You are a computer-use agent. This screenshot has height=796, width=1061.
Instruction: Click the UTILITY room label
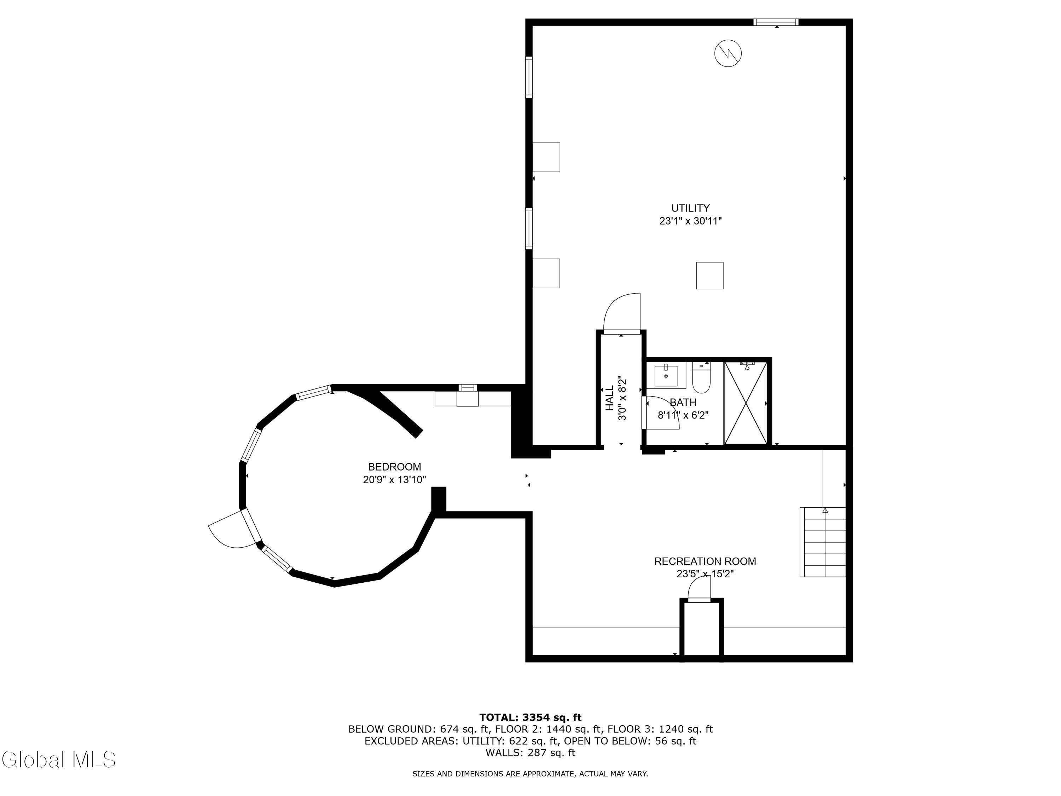pos(690,208)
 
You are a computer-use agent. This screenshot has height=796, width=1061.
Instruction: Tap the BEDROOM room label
pos(394,466)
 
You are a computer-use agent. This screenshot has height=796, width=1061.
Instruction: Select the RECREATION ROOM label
pos(705,561)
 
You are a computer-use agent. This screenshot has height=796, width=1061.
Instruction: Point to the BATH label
pos(683,402)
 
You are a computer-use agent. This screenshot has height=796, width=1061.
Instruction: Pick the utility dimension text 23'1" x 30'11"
pos(690,221)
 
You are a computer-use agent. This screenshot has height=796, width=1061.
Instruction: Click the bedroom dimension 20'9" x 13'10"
pos(394,479)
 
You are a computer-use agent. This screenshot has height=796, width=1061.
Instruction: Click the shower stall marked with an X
pos(746,403)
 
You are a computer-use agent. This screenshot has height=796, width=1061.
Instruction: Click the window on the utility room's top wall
pos(776,22)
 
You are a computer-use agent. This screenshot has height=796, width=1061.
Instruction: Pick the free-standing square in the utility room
pos(709,275)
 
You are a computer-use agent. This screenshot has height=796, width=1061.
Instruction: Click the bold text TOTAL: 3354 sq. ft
pos(530,717)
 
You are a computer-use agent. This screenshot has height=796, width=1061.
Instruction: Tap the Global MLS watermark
pos(58,760)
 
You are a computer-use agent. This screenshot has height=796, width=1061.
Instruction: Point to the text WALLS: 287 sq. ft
pos(530,752)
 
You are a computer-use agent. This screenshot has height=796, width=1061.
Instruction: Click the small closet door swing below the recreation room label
pos(699,589)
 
